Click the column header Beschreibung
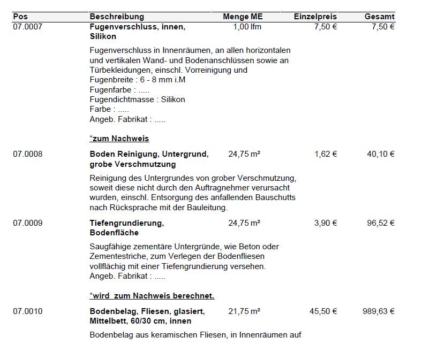[117, 17]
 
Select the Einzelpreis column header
[315, 17]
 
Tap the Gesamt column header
[380, 17]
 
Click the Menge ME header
[243, 17]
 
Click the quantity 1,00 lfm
[247, 27]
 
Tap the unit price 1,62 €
[326, 154]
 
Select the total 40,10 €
[381, 154]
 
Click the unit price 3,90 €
[326, 223]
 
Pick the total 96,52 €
[381, 223]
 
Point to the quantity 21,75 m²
[244, 311]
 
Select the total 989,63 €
[379, 311]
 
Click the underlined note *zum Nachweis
[119, 139]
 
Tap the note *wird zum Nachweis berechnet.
[152, 296]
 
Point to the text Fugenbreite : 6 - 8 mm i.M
[138, 80]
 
